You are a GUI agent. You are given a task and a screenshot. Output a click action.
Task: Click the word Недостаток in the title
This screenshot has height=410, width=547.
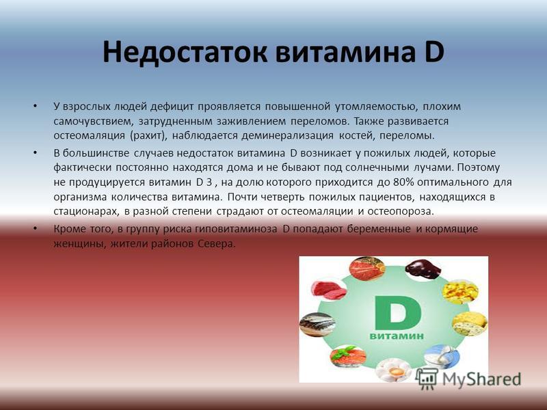point(185,52)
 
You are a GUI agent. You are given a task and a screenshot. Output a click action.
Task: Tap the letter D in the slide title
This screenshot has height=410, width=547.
point(430,52)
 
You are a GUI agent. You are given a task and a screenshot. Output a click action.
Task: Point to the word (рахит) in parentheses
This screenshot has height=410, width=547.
point(149,135)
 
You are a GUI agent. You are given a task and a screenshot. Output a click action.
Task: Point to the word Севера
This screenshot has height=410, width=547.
point(217,244)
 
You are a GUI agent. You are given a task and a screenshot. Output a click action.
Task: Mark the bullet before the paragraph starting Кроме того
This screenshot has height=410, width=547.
point(35,228)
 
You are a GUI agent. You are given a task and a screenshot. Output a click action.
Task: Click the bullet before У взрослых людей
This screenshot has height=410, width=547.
point(35,105)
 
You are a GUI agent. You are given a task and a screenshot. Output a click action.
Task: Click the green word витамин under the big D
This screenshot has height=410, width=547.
point(397,336)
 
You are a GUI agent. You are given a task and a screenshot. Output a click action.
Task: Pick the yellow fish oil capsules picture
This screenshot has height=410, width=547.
point(460,292)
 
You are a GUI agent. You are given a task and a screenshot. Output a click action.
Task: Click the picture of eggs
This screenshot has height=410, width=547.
point(394,370)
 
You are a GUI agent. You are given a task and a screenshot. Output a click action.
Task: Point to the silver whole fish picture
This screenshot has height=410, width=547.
point(317,324)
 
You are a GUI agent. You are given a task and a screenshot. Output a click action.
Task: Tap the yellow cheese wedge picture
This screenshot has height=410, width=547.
point(470,324)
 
